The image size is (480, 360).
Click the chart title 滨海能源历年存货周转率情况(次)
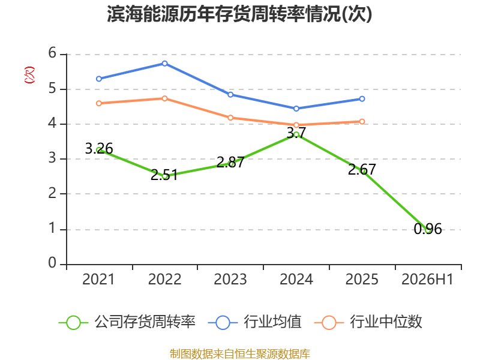pos(239,14)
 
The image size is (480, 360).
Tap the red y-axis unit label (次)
pos(29,75)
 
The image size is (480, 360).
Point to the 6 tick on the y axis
pos(52,53)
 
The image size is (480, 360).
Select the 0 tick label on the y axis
pos(52,263)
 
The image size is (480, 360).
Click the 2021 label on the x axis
pos(98,279)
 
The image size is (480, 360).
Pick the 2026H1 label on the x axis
pos(427,279)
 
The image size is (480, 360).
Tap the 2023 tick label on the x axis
pos(230,279)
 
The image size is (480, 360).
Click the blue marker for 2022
pos(164,64)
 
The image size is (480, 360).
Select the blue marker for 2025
pos(362,99)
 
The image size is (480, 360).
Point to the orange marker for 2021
pos(99,103)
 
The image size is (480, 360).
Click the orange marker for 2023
pos(230,118)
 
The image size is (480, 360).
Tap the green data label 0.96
pos(428,229)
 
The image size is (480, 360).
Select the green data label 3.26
pos(99,149)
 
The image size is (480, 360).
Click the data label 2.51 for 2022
pos(164,175)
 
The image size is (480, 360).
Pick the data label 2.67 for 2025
pos(362,170)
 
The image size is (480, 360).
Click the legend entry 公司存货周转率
pos(127,322)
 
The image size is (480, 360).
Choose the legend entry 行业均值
pos(254,322)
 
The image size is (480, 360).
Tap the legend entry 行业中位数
pos(368,322)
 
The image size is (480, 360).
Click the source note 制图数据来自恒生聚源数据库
pos(240,354)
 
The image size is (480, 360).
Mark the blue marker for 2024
pos(296,109)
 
